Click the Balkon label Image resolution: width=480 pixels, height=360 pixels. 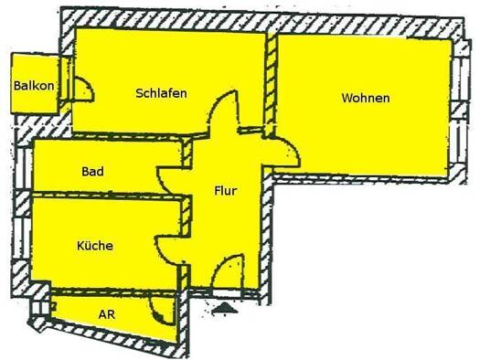34,86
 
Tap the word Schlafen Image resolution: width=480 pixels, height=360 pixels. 161,93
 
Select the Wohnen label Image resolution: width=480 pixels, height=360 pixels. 366,98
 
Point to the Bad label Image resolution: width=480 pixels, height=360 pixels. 92,171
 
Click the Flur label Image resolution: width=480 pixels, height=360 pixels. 226,191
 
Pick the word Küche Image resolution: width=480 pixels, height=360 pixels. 95,246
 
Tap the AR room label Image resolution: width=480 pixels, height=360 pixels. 107,314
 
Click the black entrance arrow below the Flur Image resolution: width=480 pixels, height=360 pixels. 225,307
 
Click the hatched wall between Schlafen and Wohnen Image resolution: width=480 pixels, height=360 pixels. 271,82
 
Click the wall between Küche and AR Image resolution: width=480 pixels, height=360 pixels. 114,291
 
